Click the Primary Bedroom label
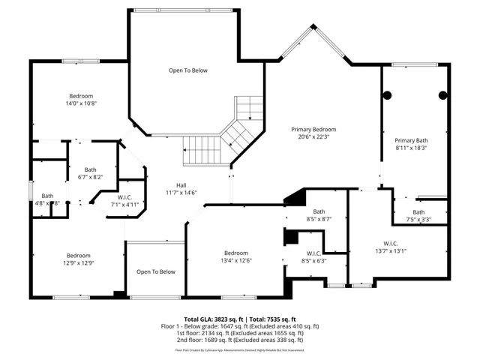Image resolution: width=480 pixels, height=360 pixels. [313, 129]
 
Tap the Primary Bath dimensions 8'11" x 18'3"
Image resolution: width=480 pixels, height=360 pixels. [411, 148]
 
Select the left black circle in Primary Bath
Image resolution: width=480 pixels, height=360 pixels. [388, 95]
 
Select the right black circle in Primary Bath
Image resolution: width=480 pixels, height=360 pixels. [442, 95]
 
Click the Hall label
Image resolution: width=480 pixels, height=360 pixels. [181, 185]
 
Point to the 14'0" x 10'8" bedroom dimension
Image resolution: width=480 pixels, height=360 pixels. [81, 103]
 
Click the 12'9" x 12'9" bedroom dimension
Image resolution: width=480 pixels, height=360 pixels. [78, 262]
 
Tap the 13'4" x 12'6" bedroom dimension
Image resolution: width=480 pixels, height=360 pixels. [235, 260]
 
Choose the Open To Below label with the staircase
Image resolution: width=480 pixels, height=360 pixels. [187, 70]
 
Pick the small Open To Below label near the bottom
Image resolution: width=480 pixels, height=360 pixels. [155, 271]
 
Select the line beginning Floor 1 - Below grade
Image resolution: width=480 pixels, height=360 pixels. [240, 325]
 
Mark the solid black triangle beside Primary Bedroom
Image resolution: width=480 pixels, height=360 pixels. [295, 196]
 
